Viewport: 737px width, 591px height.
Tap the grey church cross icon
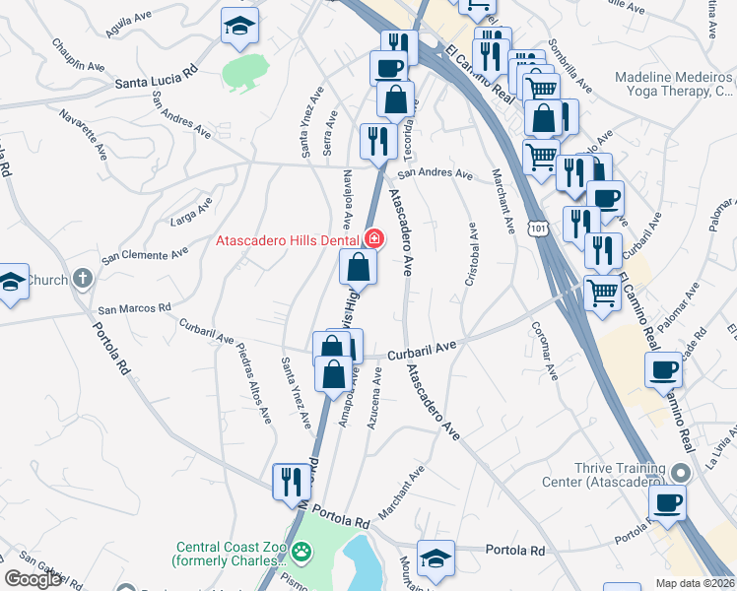click(82, 279)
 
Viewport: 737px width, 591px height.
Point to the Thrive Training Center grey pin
click(677, 472)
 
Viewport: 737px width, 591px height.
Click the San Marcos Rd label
click(136, 308)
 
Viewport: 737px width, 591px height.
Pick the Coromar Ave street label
click(545, 351)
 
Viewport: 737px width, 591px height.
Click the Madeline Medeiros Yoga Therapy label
click(675, 85)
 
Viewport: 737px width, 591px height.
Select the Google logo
click(33, 579)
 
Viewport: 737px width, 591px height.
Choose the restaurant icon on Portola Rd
click(291, 481)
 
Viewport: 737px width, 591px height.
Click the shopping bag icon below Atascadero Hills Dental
click(358, 266)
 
